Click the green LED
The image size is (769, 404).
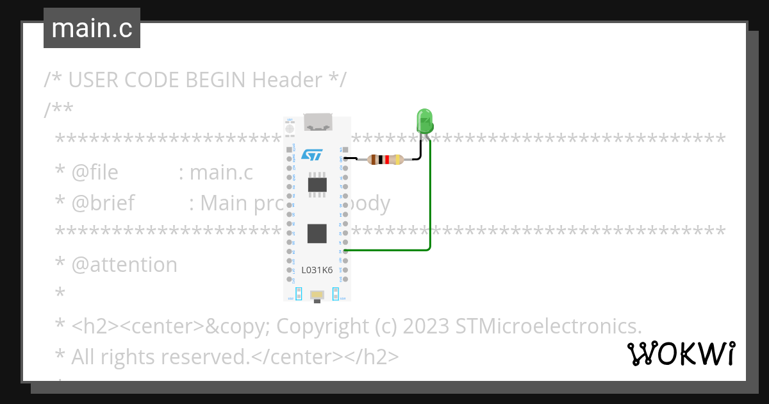(x=424, y=121)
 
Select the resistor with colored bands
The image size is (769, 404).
(x=385, y=160)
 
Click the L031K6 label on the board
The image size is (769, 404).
(x=317, y=270)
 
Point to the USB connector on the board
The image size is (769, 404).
(x=317, y=122)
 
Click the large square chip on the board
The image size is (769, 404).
(x=317, y=233)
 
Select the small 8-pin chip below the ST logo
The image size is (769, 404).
(x=317, y=184)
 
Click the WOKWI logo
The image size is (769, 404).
(x=681, y=353)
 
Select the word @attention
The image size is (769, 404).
(x=124, y=265)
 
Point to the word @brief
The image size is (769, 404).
(x=103, y=203)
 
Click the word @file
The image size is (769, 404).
(x=95, y=173)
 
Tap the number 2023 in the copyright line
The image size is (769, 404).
(x=421, y=326)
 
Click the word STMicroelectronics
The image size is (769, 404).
(x=549, y=326)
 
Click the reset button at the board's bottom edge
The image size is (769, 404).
(x=317, y=295)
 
